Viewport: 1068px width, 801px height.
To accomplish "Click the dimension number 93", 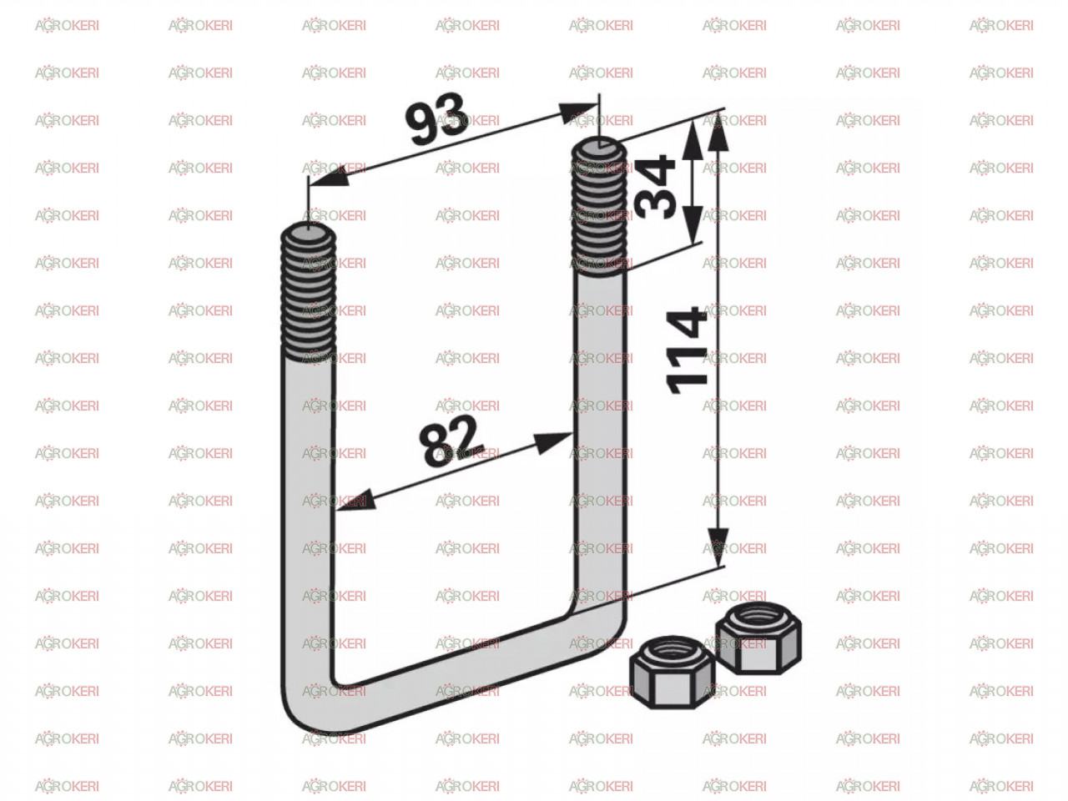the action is point(436,118).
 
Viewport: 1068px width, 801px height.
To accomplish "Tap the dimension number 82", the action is point(451,441).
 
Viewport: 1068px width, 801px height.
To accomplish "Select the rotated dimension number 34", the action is point(655,187).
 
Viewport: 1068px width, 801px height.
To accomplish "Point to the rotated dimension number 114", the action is point(686,350).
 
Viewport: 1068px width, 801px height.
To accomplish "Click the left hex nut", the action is point(672,672).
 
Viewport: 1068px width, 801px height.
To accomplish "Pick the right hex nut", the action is point(758,637).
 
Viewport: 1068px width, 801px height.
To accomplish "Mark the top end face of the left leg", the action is point(308,233).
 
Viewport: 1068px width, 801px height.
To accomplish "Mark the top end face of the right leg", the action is point(599,148).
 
